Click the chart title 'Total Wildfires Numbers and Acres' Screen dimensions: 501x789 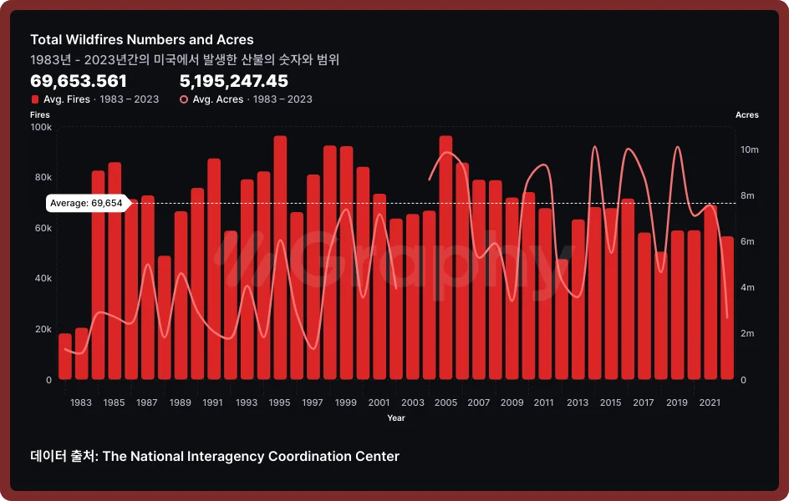(x=142, y=40)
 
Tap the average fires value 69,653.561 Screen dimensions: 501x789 (x=79, y=81)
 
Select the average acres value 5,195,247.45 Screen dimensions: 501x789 (x=234, y=81)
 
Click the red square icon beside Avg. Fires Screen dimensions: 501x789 (x=34, y=99)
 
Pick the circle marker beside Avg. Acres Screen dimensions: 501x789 (x=184, y=99)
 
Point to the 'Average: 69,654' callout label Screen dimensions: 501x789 (x=86, y=203)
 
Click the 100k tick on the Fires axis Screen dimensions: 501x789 (x=41, y=127)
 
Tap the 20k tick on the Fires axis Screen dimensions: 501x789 (x=43, y=329)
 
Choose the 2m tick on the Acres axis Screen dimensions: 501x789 (x=749, y=334)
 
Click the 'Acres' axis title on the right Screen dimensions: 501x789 (x=746, y=115)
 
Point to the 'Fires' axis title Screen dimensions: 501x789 (x=40, y=115)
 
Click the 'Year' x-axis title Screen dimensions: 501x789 (x=396, y=417)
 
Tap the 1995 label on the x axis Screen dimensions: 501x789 (x=280, y=402)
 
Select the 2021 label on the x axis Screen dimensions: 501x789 (x=710, y=402)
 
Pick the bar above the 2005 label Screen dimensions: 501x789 (x=445, y=259)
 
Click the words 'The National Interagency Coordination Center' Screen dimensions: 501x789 (x=251, y=456)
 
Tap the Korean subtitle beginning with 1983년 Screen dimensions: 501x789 (x=185, y=60)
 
